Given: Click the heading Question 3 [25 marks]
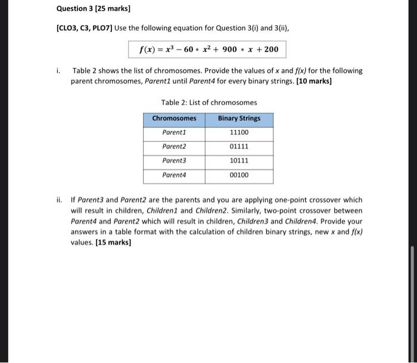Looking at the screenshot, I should click(x=93, y=9).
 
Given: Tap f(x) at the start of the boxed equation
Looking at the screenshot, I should click(x=147, y=49).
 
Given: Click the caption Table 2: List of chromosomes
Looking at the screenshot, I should click(x=208, y=103).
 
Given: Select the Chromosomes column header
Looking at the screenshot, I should click(x=174, y=118).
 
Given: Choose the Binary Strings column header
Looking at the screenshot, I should click(x=239, y=118).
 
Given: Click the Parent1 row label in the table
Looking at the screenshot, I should click(x=174, y=132).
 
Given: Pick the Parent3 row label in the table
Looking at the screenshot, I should click(x=174, y=161).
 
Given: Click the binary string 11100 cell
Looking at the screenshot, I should click(x=239, y=132).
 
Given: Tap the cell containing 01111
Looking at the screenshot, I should click(x=239, y=147).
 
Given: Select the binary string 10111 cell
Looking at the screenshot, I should click(x=239, y=161).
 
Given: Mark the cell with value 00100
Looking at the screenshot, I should click(x=239, y=176).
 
